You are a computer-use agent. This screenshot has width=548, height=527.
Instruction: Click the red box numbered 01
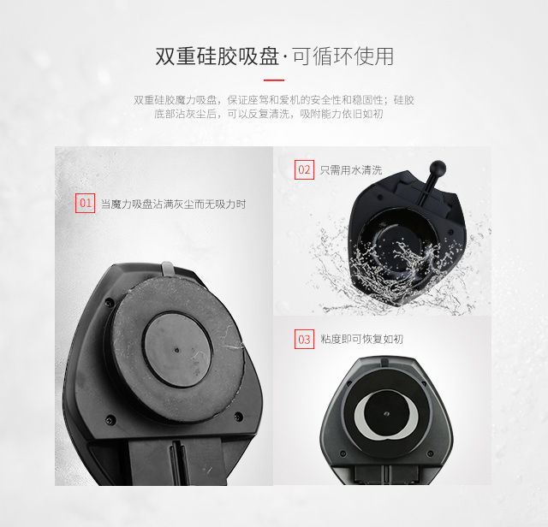pos(86,203)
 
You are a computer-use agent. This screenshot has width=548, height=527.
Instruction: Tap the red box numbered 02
pos(304,169)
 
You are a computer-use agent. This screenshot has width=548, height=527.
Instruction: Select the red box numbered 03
pos(304,339)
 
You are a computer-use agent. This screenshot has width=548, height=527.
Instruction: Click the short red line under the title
pos(274,80)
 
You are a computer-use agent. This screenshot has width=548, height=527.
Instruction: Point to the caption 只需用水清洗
pos(351,170)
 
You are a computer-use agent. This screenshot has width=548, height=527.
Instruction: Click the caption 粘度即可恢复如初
pos(361,339)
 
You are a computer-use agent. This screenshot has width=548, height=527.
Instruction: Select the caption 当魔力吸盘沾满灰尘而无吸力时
pos(173,204)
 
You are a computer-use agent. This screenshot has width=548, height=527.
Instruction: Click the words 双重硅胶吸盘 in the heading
pos(217,56)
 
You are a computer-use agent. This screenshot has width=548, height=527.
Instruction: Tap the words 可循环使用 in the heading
pos(343,56)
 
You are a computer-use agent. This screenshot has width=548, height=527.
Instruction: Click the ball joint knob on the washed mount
pos(438,168)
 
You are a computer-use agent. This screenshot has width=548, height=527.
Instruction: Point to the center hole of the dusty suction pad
pos(177,350)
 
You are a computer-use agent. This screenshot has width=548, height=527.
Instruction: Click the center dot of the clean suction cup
pos(386,414)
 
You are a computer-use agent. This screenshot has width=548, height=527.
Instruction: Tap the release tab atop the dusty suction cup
pos(167,269)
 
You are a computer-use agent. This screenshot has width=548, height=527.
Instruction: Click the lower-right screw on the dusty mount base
pos(239,416)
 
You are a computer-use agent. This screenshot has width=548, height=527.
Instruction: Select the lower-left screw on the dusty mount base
pos(110,420)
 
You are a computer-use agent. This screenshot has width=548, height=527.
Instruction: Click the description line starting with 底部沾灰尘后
pos(269,114)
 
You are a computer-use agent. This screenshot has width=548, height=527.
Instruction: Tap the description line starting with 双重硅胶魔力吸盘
pos(274,100)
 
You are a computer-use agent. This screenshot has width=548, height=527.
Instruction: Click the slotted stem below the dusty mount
pos(178,462)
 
